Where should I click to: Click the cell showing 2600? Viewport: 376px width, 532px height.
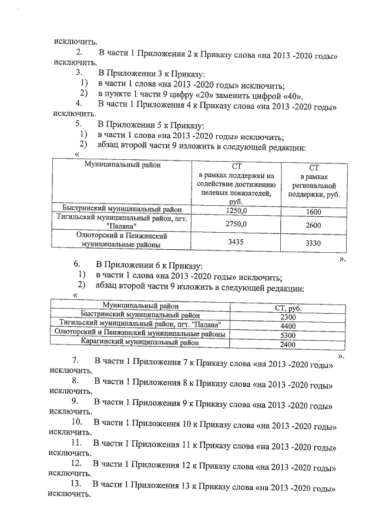tap(314, 225)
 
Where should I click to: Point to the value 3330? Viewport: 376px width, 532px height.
tap(314, 242)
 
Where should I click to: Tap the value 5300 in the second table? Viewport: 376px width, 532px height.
tap(288, 335)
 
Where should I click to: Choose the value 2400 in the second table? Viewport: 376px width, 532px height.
tap(287, 344)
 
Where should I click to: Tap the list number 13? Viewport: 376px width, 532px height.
tap(75, 483)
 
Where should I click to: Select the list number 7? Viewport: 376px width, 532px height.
tap(76, 360)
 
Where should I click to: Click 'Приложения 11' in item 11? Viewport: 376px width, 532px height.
tap(155, 442)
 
